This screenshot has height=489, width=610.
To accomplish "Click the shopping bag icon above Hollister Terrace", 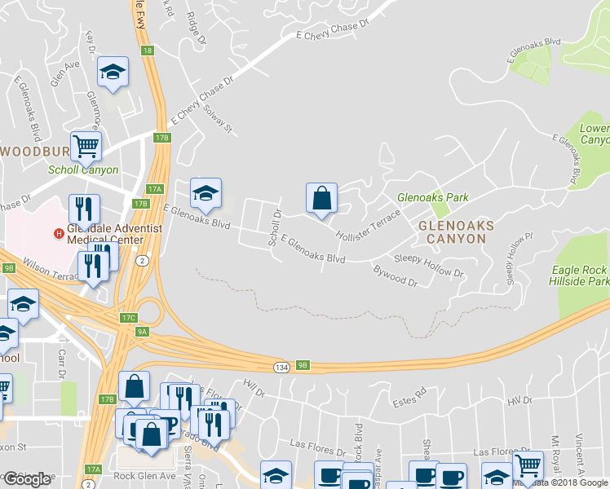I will (x=322, y=198).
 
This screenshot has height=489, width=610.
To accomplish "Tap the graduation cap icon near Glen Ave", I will (x=113, y=73).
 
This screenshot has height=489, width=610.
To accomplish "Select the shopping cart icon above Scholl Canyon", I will (x=86, y=148).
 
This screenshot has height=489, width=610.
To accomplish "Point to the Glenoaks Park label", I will (x=432, y=197).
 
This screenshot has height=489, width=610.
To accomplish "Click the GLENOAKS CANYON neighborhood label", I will (x=452, y=230).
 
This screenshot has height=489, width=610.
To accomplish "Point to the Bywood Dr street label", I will (x=395, y=276).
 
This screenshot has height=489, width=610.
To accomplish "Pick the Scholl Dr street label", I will (x=275, y=229).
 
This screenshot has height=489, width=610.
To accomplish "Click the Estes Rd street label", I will (x=409, y=392).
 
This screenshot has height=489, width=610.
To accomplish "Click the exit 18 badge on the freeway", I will (x=147, y=51).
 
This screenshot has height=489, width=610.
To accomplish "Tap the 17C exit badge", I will (x=128, y=318).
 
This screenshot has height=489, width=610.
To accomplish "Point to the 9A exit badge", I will (x=142, y=332).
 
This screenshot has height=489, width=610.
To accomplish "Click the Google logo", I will (x=28, y=478).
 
